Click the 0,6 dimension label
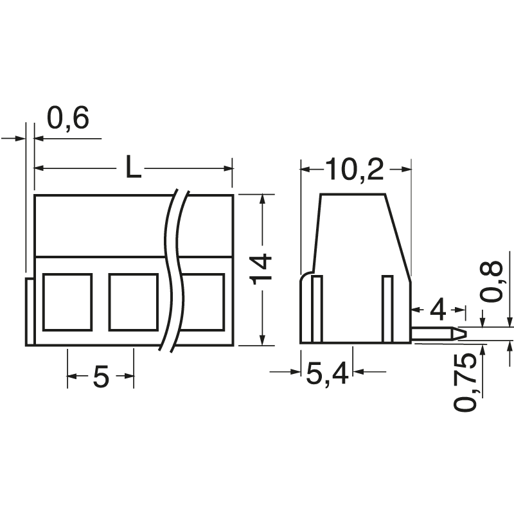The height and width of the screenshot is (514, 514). click(68, 119)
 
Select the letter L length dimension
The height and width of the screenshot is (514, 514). click(132, 168)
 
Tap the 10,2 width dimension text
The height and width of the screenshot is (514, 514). click(354, 170)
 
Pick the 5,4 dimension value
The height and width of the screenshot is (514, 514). click(327, 373)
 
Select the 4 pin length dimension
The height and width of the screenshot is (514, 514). click(438, 310)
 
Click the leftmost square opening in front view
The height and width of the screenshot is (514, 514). click(67, 301)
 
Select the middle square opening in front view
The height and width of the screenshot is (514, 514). click(134, 301)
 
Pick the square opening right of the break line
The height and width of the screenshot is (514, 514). click(204, 301)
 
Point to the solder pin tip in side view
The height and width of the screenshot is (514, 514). click(461, 333)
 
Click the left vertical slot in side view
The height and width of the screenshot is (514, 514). click(317, 308)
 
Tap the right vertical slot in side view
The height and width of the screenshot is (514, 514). click(387, 308)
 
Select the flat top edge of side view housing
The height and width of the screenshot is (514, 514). click(353, 195)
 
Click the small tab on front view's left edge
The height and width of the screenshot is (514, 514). click(30, 312)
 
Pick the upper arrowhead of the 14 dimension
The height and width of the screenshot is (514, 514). click(261, 199)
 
